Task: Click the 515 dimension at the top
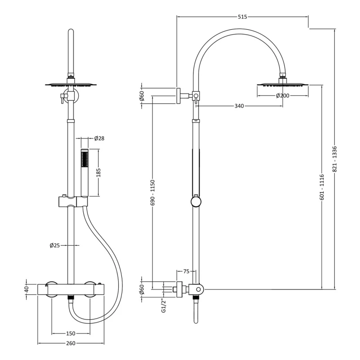point(242,17)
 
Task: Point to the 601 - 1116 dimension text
point(322,186)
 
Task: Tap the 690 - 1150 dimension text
point(153,193)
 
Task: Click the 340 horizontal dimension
point(239,106)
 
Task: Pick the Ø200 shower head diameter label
point(282,95)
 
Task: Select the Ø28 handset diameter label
point(99,138)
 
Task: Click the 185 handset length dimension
point(99,173)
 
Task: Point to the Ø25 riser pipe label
point(55,245)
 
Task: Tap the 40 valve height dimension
point(27,288)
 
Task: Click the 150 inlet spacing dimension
point(71,333)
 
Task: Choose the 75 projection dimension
point(186,271)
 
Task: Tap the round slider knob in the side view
point(196,202)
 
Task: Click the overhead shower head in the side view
point(283,84)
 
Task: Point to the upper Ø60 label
point(142,95)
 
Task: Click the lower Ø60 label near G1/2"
point(142,290)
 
